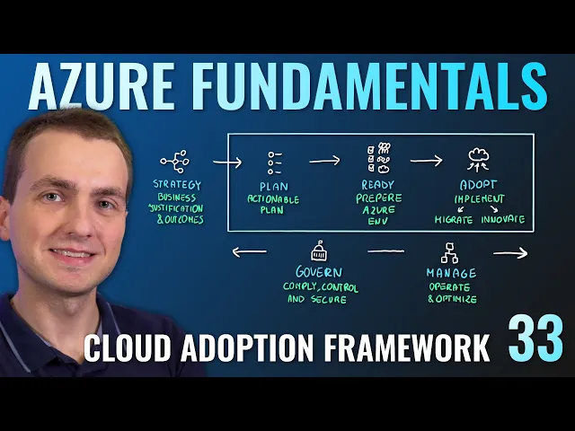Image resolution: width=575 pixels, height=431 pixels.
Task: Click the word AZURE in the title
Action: click(116, 87)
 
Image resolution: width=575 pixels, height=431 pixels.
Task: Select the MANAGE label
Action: click(451, 272)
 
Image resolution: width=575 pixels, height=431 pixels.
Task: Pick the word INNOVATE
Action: click(504, 220)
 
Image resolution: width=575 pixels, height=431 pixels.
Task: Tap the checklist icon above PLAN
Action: click(274, 162)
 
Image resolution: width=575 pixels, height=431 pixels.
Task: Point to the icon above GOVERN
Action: click(318, 251)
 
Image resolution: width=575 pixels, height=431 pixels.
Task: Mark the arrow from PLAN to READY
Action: click(324, 161)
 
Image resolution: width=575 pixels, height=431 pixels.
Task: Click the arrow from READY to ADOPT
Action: click(427, 161)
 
